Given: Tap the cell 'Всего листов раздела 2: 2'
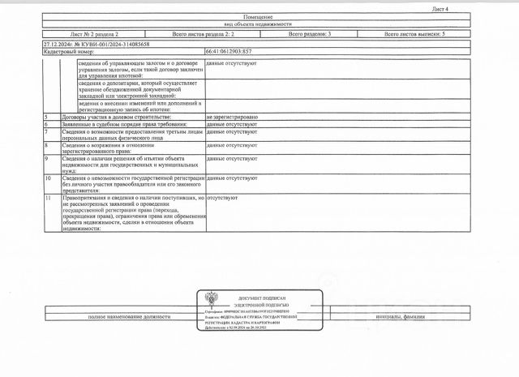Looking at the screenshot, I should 203,35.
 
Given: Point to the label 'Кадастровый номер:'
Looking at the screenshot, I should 66,51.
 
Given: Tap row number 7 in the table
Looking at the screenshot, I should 47,131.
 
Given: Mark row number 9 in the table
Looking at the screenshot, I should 47,158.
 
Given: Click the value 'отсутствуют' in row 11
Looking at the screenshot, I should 223,196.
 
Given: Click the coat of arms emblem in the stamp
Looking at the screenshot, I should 210,298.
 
